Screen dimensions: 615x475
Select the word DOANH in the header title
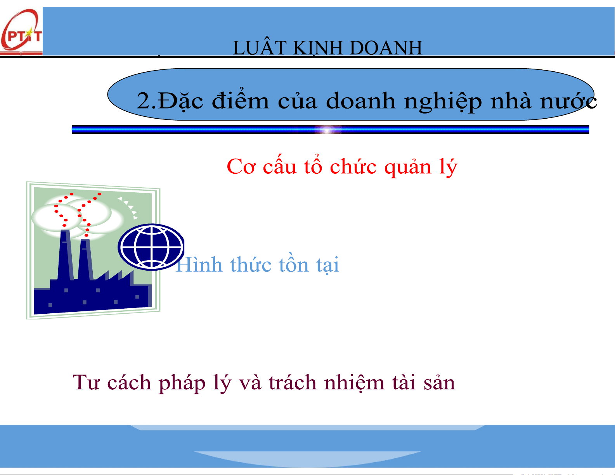(x=386, y=47)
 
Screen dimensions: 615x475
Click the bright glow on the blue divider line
(x=327, y=130)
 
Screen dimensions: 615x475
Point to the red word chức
(x=353, y=166)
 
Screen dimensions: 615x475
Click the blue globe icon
(x=151, y=247)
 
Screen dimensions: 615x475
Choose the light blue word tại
(x=327, y=265)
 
